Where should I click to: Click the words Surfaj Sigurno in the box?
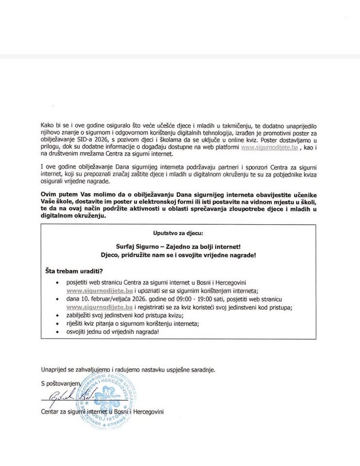click(134, 247)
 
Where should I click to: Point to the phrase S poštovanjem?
click(61, 383)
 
